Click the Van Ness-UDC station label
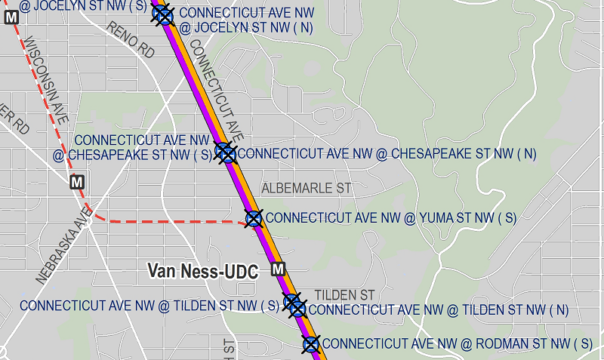pyautogui.click(x=203, y=271)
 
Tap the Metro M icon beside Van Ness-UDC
pyautogui.click(x=279, y=269)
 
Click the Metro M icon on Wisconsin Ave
pyautogui.click(x=76, y=182)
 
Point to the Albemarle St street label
pyautogui.click(x=307, y=188)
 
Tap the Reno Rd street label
pyautogui.click(x=131, y=40)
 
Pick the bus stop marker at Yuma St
pyautogui.click(x=254, y=219)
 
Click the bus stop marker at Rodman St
pyautogui.click(x=311, y=345)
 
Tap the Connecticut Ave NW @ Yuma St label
pyautogui.click(x=391, y=218)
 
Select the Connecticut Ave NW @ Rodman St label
pyautogui.click(x=457, y=344)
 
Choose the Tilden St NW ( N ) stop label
pyautogui.click(x=439, y=309)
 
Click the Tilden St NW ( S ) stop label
pyautogui.click(x=150, y=306)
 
